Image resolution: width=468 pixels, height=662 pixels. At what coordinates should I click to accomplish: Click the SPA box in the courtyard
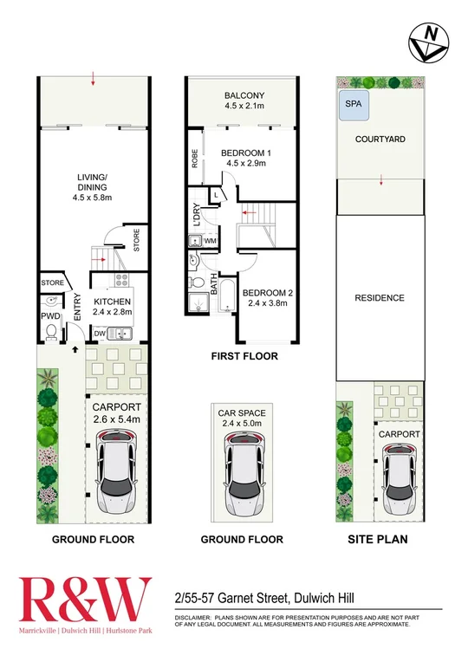click(x=352, y=103)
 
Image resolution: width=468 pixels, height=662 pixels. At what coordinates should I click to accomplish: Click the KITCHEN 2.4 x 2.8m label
click(x=110, y=303)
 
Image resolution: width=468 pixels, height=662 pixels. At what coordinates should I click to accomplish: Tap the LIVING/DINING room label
click(x=90, y=185)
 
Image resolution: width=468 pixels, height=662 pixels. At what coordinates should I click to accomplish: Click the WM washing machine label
click(x=209, y=240)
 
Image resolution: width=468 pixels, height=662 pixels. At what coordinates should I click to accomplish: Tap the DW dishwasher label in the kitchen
click(x=100, y=333)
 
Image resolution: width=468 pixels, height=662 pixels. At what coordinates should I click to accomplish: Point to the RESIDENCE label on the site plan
click(x=380, y=298)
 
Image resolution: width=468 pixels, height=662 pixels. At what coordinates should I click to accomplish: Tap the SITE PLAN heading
click(x=380, y=538)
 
